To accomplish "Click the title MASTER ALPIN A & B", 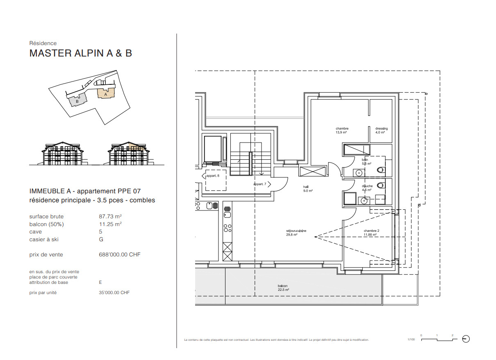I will point(80,53).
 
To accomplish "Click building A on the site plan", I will point(106,94).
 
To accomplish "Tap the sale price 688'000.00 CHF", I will point(117,254).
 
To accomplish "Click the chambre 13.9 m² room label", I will point(341,131).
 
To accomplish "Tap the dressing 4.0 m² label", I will point(381,131).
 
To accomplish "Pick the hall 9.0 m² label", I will point(308,188).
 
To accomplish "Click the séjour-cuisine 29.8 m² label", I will point(296,233).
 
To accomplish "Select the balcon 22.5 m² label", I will point(283,288).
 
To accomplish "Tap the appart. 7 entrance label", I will point(259,184).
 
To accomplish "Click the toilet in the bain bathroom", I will point(381,169).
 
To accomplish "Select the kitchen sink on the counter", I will point(228,214).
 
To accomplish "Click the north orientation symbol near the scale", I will point(465,339).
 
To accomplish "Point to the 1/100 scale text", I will point(411,340).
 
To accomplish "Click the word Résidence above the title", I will point(43,43).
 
